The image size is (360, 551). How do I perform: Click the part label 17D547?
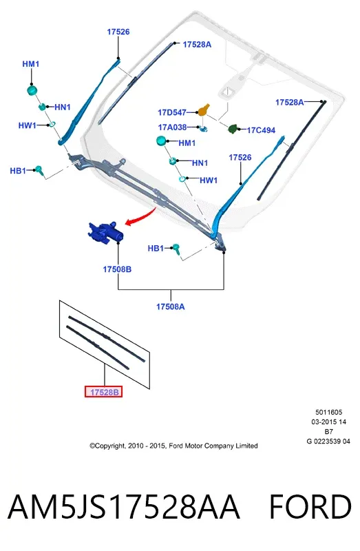coord(172,112)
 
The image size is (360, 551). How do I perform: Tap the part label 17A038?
coord(172,127)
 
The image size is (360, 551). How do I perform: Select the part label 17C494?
coord(261,130)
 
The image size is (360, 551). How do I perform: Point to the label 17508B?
coord(117,269)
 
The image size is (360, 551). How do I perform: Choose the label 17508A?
coord(170,306)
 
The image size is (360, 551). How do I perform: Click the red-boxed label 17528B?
coord(104,392)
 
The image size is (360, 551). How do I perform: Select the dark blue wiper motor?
coord(105,232)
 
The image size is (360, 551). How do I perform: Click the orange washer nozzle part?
coord(204,110)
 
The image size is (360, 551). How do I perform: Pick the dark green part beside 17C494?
coord(233,129)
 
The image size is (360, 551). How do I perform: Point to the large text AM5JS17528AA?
coord(124,507)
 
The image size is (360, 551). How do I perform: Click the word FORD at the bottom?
coord(310,507)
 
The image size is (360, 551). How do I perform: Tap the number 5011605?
coord(329,412)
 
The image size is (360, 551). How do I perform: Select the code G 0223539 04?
coord(328,441)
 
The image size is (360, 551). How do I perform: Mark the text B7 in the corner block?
coord(329,432)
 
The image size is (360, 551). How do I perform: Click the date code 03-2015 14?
coord(329,422)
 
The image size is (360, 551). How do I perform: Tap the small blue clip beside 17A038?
coord(203,129)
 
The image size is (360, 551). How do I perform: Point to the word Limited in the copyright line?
coord(246,446)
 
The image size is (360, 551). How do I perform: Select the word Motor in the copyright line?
coord(193,446)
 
